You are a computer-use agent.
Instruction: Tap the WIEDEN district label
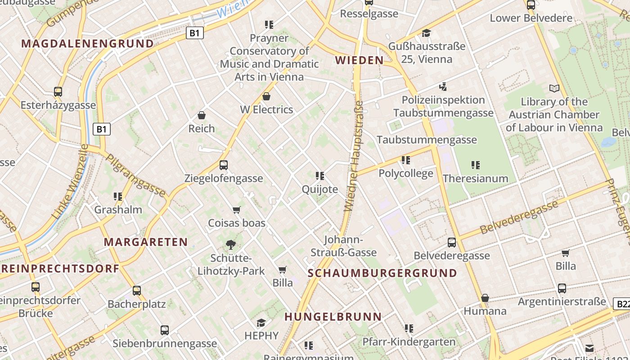pyautogui.click(x=359, y=60)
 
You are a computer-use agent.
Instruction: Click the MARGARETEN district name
pyautogui.click(x=146, y=242)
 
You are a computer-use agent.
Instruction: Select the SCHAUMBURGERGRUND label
pyautogui.click(x=382, y=273)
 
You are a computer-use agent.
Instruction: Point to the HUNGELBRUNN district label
pyautogui.click(x=333, y=317)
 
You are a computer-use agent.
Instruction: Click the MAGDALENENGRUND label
pyautogui.click(x=87, y=44)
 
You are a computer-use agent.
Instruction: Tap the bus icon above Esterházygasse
pyautogui.click(x=58, y=92)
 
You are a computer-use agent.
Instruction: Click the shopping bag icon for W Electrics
pyautogui.click(x=266, y=96)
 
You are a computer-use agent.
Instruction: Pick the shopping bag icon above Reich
pyautogui.click(x=202, y=115)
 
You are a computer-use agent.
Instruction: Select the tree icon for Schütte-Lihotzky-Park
pyautogui.click(x=231, y=245)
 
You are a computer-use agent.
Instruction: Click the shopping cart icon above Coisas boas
pyautogui.click(x=236, y=210)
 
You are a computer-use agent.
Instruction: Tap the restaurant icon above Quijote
pyautogui.click(x=320, y=175)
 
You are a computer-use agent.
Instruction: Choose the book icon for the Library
pyautogui.click(x=554, y=89)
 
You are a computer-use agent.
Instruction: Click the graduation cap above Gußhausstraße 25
pyautogui.click(x=426, y=33)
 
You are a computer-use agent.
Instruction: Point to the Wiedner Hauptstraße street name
pyautogui.click(x=354, y=156)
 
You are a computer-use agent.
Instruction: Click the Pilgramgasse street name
pyautogui.click(x=136, y=175)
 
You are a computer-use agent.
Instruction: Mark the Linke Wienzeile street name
pyautogui.click(x=70, y=182)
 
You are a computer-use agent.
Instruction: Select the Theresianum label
pyautogui.click(x=475, y=179)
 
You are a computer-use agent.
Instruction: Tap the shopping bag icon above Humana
pyautogui.click(x=485, y=298)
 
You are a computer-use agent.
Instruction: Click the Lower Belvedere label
pyautogui.click(x=531, y=18)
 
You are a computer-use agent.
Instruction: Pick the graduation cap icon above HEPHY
pyautogui.click(x=261, y=323)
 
